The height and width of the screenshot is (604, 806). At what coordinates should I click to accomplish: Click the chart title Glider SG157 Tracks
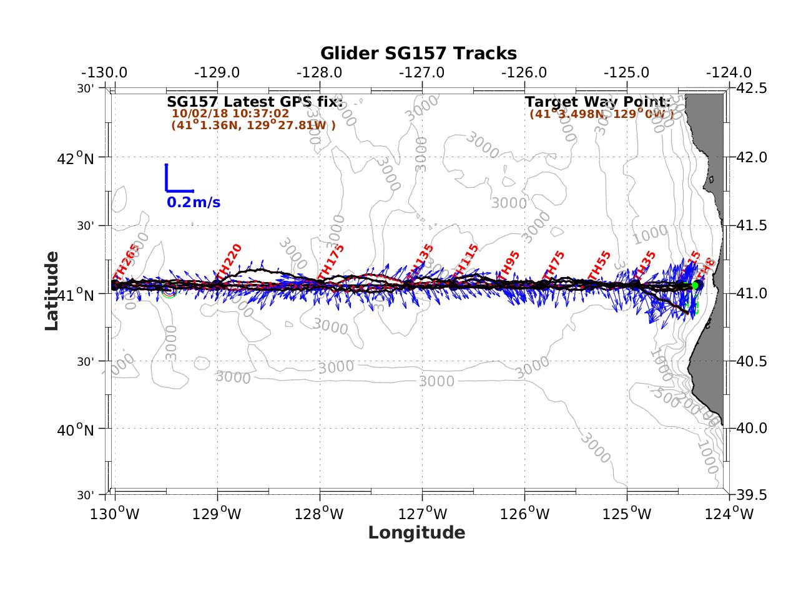(x=418, y=53)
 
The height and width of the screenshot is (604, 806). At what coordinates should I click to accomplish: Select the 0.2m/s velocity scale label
(x=193, y=202)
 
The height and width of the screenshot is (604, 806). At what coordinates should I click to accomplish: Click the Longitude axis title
(x=416, y=532)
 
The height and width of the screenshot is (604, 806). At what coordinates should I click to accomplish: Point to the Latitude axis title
(x=52, y=290)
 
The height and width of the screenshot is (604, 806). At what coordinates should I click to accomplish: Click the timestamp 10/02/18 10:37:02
(x=230, y=114)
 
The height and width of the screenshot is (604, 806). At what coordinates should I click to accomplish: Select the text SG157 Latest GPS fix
(x=255, y=101)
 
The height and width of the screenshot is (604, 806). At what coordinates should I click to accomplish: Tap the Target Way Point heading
(x=597, y=101)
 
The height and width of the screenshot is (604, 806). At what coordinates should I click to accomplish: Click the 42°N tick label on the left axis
(x=75, y=158)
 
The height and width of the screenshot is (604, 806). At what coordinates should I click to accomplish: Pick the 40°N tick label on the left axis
(x=75, y=430)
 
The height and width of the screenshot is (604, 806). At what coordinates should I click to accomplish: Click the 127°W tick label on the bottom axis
(x=423, y=514)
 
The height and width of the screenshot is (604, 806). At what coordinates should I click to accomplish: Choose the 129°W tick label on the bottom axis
(x=218, y=514)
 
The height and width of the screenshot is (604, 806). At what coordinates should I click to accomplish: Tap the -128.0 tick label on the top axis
(x=319, y=72)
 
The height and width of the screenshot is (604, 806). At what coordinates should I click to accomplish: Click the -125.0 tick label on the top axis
(x=626, y=72)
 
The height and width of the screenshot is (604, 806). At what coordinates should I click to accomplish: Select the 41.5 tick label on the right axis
(x=753, y=225)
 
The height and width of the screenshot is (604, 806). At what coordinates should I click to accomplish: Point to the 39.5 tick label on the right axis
(x=753, y=495)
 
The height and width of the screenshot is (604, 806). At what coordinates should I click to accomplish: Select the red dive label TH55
(x=599, y=266)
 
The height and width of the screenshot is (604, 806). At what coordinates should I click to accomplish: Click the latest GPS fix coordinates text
(x=253, y=125)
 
